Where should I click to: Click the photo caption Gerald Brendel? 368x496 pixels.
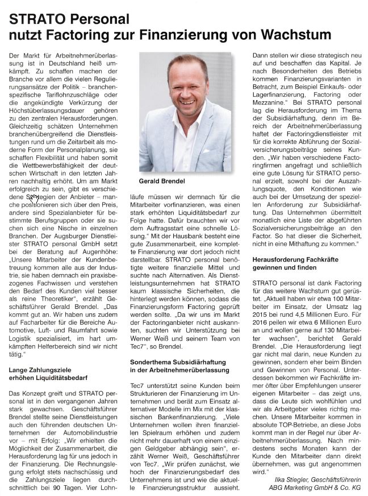click(x=162, y=181)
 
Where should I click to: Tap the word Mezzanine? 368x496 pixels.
click(x=272, y=102)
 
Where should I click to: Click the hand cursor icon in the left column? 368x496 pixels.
click(x=34, y=199)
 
